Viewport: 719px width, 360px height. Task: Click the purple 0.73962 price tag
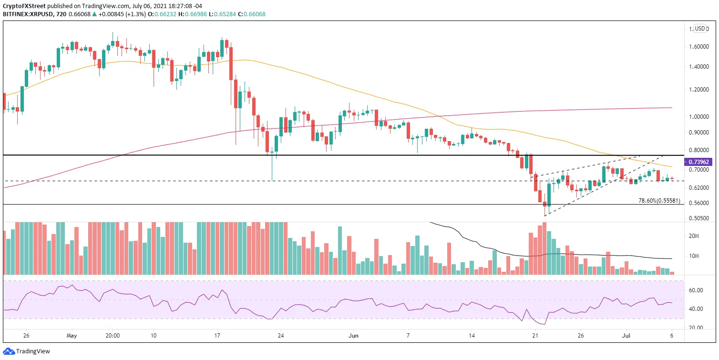(x=699, y=162)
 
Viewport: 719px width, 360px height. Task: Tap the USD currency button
(x=700, y=29)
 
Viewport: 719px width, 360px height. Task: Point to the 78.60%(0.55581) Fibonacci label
(x=659, y=201)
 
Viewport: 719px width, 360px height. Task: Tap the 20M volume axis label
(x=694, y=236)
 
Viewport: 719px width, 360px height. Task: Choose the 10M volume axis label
(x=694, y=256)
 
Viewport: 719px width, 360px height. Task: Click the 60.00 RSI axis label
(x=696, y=290)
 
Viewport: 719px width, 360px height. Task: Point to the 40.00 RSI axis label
(x=696, y=309)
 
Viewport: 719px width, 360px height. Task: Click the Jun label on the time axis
(x=353, y=336)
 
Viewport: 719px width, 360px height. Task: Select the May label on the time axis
(x=72, y=336)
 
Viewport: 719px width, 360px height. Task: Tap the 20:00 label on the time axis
(x=113, y=336)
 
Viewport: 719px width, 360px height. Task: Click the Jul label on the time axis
(x=626, y=336)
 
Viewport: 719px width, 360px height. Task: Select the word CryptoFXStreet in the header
(x=24, y=6)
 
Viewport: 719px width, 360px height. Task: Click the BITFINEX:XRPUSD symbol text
(x=28, y=14)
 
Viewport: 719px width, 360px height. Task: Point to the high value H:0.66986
(x=193, y=14)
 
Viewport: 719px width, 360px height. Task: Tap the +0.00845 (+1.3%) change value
(x=122, y=14)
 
